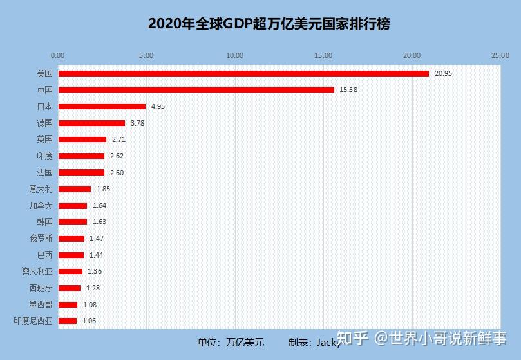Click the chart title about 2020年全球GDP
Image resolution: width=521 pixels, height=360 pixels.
tap(269, 24)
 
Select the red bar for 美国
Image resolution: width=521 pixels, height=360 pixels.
tap(243, 73)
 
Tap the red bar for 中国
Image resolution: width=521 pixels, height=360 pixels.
tap(196, 90)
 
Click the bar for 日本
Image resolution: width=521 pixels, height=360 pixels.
tap(102, 106)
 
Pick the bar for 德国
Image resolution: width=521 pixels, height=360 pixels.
tap(91, 123)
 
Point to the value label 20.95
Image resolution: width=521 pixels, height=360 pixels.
tap(443, 73)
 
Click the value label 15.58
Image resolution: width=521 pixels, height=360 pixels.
tap(348, 90)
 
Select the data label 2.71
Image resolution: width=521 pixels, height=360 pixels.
tap(119, 139)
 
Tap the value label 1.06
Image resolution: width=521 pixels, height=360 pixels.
tap(90, 321)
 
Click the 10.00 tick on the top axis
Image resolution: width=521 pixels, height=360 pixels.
tap(235, 55)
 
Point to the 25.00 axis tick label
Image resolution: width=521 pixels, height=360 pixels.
tap(500, 55)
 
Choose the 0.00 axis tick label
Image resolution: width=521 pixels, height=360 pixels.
tap(58, 55)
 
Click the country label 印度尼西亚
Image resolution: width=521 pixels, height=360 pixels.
tap(33, 321)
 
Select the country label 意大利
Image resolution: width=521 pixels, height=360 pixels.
tap(41, 189)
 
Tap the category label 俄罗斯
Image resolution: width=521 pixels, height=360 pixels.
tap(41, 238)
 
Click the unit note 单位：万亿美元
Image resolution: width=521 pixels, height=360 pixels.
tap(230, 342)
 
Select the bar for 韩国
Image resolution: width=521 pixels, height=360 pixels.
tap(72, 222)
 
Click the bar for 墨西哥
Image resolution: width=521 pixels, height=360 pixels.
tap(68, 305)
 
